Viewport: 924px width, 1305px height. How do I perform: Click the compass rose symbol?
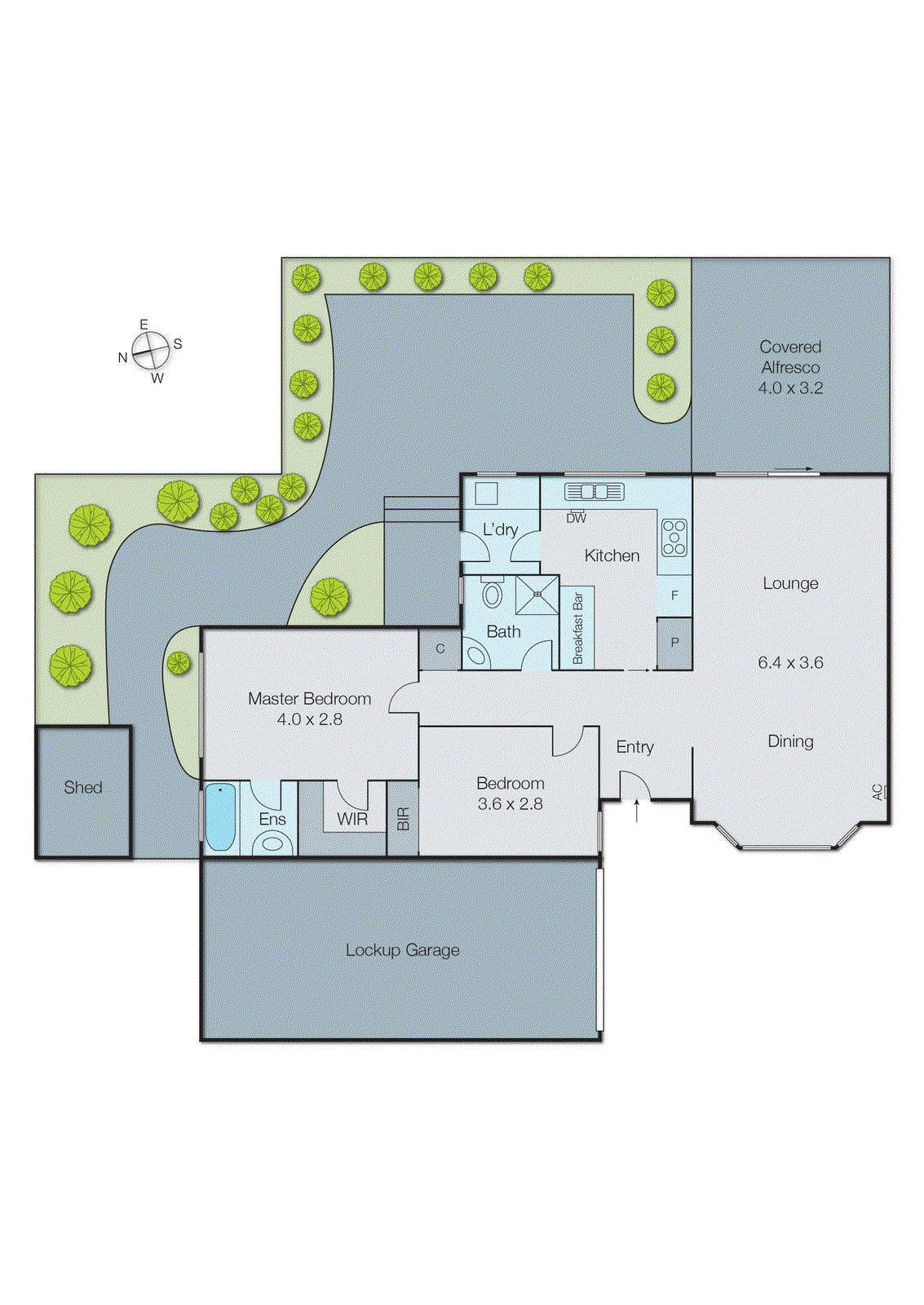click(150, 352)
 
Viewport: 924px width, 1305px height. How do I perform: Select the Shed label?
click(83, 787)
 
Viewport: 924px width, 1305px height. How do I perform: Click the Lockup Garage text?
click(402, 950)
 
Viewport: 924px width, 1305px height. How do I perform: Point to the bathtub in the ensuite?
click(220, 816)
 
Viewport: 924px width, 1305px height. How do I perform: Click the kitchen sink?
click(594, 491)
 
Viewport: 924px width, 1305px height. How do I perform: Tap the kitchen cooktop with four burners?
click(674, 537)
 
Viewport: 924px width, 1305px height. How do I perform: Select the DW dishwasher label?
click(577, 518)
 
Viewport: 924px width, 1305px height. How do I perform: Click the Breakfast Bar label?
click(578, 628)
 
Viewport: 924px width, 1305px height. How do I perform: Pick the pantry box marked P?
click(674, 643)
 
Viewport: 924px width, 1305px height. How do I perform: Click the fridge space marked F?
click(674, 595)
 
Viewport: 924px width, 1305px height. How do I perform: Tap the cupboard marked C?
click(440, 649)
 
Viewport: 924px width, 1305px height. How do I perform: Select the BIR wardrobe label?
click(403, 819)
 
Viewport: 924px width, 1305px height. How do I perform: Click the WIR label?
click(352, 819)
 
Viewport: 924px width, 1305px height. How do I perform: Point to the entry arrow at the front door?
click(637, 812)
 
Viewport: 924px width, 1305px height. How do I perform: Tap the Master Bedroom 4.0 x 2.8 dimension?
click(310, 719)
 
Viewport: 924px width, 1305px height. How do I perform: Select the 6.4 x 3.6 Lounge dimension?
click(790, 662)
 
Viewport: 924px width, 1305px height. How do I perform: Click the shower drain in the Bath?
click(537, 595)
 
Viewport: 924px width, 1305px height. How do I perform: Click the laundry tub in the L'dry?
click(486, 493)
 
